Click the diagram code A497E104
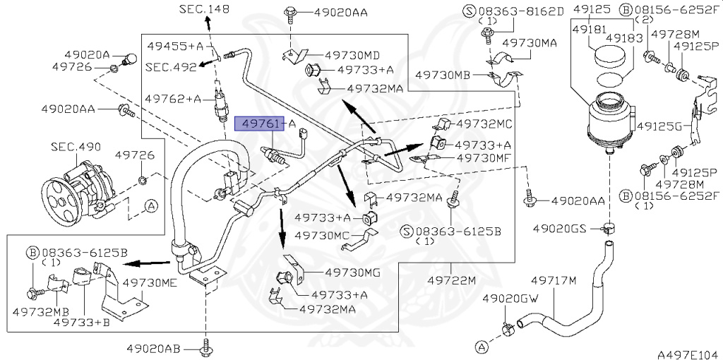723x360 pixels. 689,354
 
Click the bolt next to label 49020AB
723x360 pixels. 205,347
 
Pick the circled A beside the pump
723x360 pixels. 151,206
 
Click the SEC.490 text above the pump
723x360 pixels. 76,148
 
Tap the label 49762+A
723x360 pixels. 174,99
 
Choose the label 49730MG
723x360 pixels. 353,273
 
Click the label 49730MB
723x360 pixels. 443,75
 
